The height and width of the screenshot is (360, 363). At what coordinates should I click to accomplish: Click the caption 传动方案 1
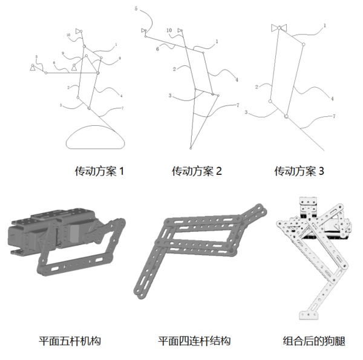[99, 171]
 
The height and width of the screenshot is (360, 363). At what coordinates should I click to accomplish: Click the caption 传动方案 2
[197, 171]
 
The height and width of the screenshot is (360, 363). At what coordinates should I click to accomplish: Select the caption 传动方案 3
[299, 171]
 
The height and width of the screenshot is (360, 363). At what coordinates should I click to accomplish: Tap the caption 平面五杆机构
[70, 341]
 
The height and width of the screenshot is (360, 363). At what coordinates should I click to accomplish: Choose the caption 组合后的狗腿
[314, 341]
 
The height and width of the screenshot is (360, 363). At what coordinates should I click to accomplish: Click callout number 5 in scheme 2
[136, 9]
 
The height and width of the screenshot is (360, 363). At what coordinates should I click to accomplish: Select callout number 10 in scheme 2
[169, 30]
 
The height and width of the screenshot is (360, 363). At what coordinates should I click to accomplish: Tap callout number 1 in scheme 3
[325, 26]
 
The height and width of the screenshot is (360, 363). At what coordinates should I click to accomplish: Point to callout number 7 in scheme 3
[333, 116]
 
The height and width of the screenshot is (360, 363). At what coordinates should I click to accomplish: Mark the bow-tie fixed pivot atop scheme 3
[279, 28]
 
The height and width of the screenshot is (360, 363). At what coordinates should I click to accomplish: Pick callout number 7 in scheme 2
[237, 105]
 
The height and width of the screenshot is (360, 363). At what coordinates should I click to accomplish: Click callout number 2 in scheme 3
[257, 87]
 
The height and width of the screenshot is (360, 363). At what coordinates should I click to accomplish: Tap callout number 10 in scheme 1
[68, 35]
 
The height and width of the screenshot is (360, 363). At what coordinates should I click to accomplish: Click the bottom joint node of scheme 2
[190, 146]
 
